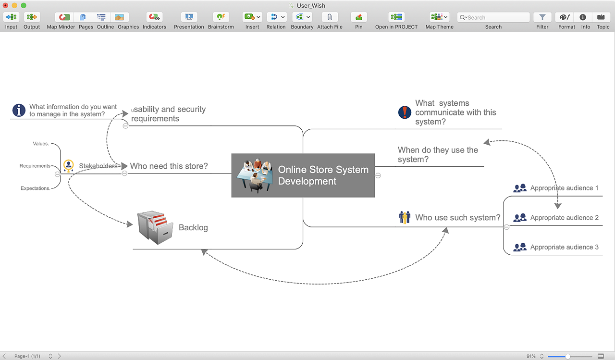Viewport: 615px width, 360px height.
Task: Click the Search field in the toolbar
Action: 493,17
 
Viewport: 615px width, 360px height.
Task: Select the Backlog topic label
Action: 193,227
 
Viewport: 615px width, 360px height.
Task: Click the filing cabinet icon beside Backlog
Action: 155,227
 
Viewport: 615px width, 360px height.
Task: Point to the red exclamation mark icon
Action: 405,112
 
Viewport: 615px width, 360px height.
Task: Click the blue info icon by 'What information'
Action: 19,110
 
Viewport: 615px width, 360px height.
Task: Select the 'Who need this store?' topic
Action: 169,166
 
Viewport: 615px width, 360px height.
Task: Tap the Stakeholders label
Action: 98,166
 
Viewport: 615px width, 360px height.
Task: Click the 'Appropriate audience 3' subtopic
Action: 564,247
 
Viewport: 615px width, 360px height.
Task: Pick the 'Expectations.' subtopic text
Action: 36,188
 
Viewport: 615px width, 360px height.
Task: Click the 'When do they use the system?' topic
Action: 438,155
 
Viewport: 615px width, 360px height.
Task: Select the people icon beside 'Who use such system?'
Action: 405,217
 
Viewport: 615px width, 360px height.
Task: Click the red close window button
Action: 6,5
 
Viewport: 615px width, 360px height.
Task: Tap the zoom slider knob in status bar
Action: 567,356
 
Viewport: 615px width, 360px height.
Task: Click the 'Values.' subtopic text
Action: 41,144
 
